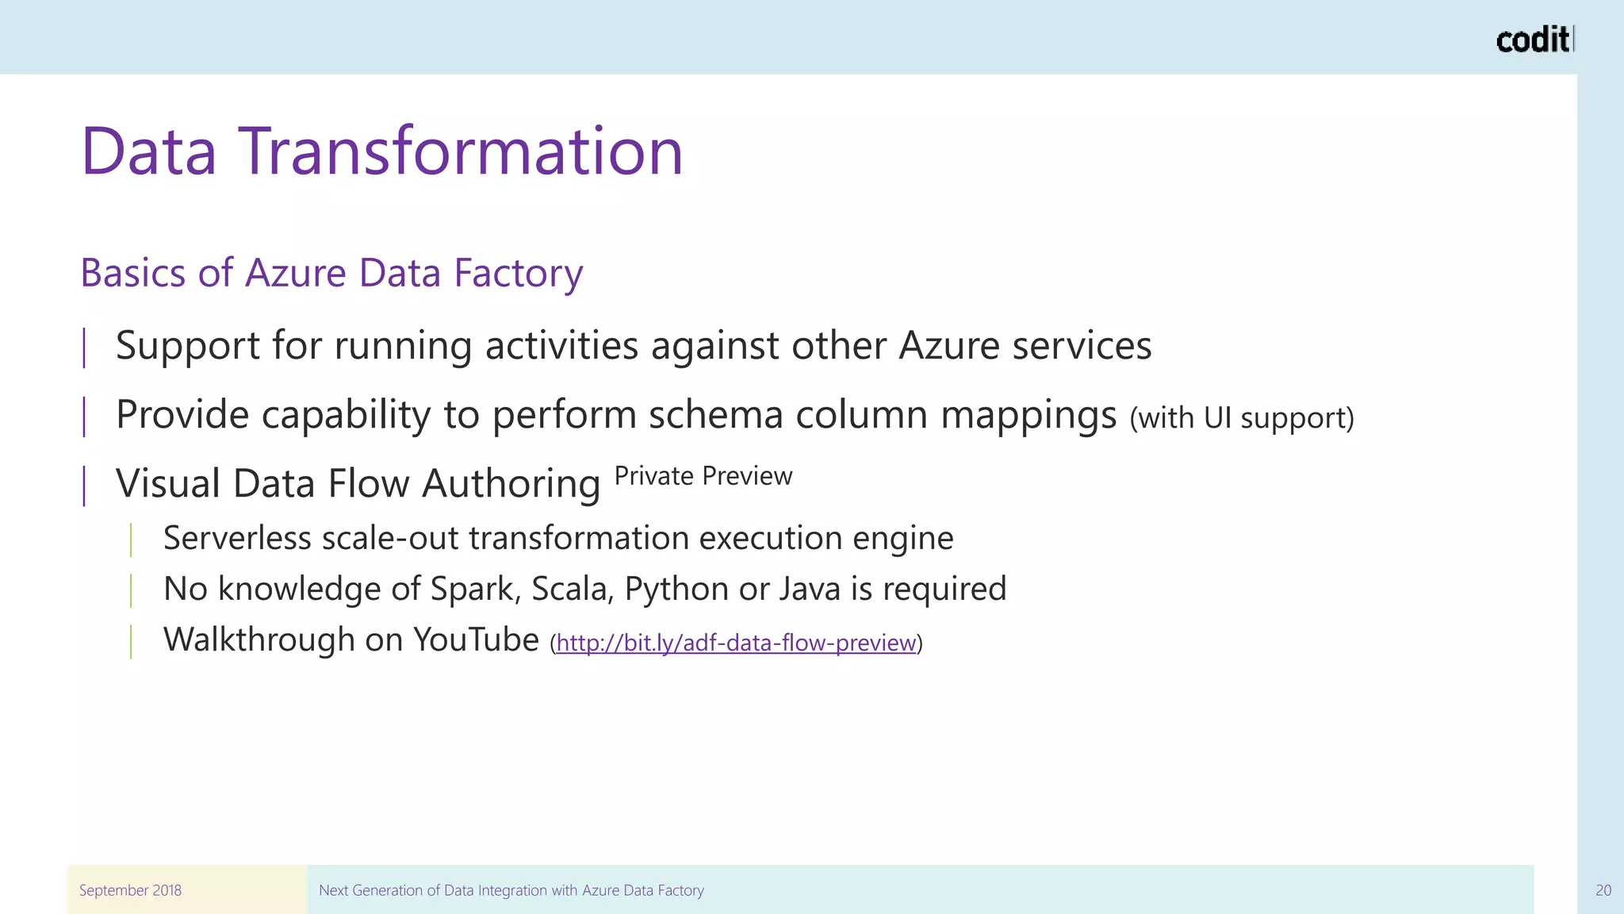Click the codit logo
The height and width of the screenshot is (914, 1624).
(x=1533, y=40)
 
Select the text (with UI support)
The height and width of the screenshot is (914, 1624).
(x=1242, y=418)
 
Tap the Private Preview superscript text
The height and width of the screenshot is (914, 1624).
(x=703, y=476)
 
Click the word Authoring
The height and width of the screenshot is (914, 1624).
(x=511, y=484)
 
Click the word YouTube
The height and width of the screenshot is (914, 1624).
(x=476, y=639)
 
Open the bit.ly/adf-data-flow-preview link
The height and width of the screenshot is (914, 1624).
(x=736, y=643)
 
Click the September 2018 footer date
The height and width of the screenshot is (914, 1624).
(x=130, y=890)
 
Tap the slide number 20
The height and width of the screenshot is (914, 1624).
(x=1603, y=890)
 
